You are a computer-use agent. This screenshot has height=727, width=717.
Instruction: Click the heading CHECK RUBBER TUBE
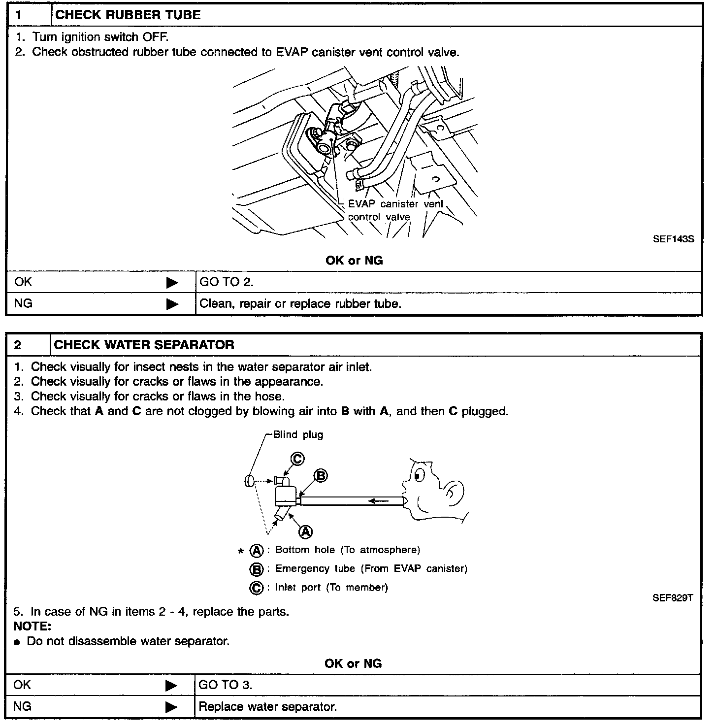tap(128, 15)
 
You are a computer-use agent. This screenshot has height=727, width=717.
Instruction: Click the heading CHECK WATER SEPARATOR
tap(144, 345)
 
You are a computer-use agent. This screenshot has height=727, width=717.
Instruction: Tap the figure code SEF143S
tap(673, 239)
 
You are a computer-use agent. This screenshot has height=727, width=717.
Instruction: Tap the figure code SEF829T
tap(673, 598)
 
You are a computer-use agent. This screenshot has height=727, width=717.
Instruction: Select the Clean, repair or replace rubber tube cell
tap(300, 303)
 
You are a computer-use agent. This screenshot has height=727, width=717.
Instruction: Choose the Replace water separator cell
tap(267, 707)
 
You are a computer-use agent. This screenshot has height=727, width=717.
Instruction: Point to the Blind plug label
tap(298, 435)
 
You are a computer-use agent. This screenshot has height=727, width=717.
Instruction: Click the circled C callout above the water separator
tap(297, 459)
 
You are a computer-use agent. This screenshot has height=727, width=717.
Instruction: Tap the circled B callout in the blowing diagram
tap(321, 476)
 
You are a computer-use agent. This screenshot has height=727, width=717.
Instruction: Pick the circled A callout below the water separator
tap(306, 531)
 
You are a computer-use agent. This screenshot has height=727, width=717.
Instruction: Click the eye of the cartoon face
tap(419, 476)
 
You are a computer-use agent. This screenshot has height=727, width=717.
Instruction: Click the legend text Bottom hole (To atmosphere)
tap(347, 550)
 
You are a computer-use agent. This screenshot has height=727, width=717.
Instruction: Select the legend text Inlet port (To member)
tap(331, 587)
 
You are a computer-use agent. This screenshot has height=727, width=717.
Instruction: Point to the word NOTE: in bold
tap(33, 627)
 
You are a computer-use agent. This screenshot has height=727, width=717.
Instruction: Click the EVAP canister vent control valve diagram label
tap(395, 210)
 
